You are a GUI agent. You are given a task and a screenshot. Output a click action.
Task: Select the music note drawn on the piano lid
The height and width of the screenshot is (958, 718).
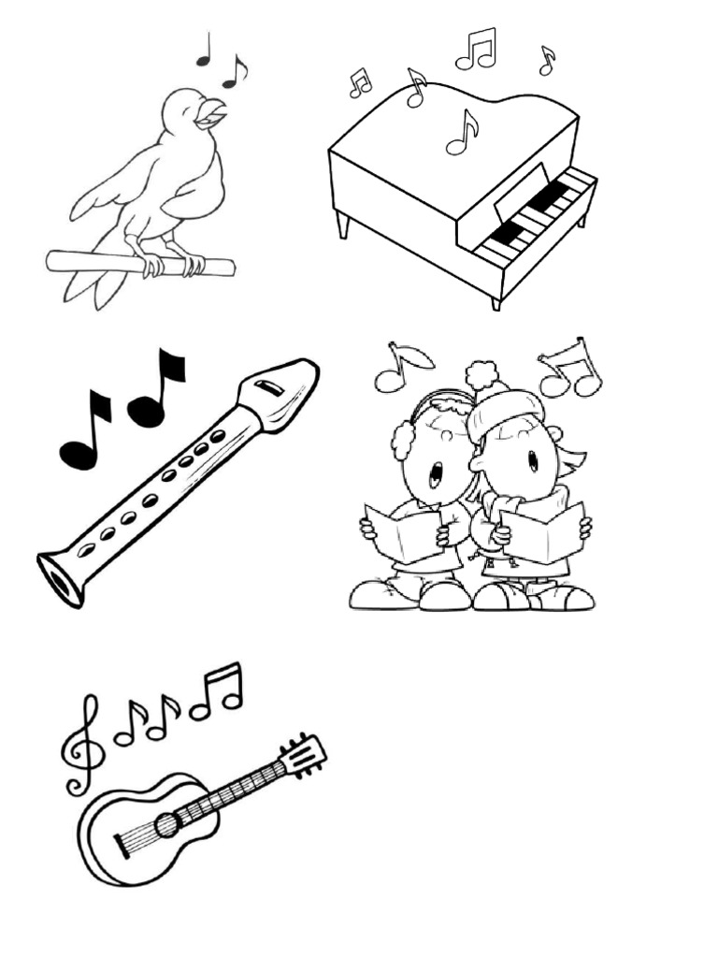462,132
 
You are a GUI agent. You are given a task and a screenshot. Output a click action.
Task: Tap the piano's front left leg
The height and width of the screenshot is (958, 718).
343,225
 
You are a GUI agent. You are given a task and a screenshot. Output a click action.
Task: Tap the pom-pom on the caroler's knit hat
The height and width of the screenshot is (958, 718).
481,374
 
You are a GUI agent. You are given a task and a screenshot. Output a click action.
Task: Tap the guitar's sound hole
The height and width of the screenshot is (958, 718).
166,824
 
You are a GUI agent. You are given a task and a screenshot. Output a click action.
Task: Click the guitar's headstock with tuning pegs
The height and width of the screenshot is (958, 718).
304,754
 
